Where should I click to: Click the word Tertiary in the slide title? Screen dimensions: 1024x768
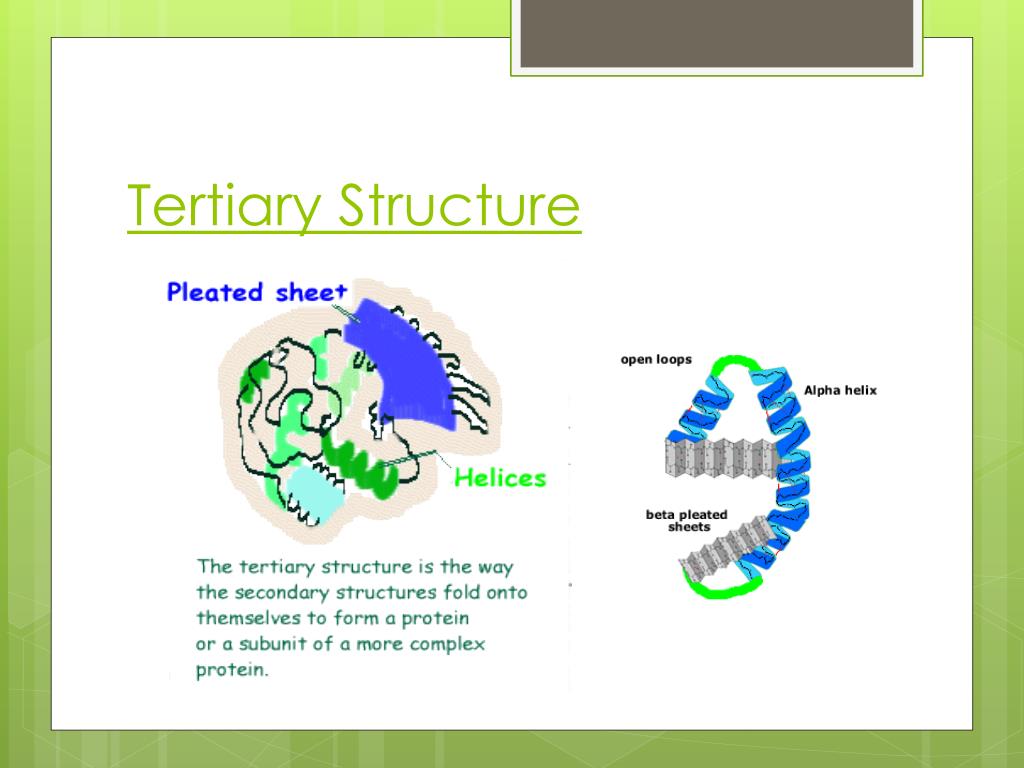point(225,206)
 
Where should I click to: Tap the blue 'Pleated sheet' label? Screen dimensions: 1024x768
point(257,292)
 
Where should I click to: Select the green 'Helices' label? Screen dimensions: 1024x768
point(500,478)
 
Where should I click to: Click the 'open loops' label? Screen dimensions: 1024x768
point(656,360)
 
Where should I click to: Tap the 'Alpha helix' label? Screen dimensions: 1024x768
point(840,390)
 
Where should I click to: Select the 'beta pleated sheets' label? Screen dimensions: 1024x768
point(687,521)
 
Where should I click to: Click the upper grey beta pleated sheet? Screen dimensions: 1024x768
point(719,457)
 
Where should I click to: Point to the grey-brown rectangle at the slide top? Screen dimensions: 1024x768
point(717,33)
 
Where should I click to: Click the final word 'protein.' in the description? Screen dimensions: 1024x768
point(232,670)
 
